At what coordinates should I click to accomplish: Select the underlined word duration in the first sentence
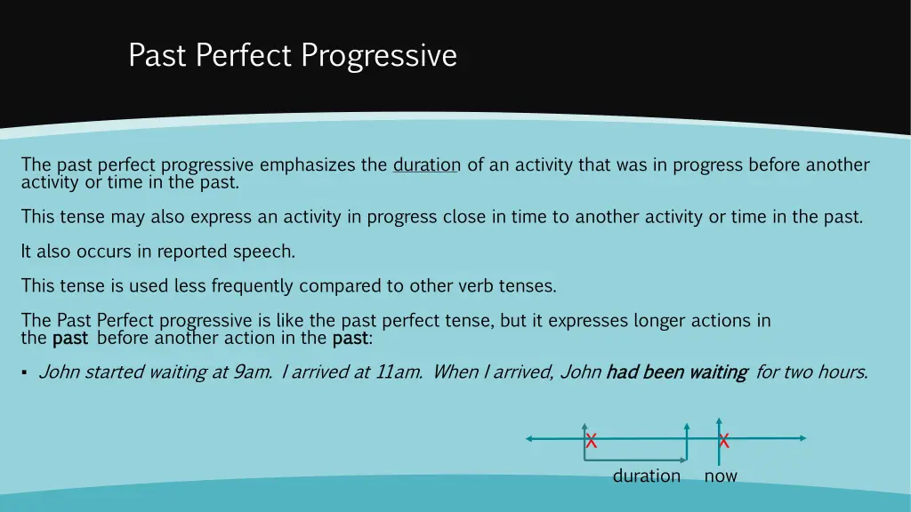tap(426, 164)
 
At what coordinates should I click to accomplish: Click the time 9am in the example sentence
tap(252, 372)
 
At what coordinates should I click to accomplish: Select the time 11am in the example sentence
tap(399, 372)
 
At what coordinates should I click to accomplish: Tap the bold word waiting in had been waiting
tap(717, 372)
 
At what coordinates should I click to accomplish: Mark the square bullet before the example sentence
tap(24, 373)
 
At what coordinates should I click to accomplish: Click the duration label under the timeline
tap(646, 476)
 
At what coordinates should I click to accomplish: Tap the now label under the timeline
tap(721, 476)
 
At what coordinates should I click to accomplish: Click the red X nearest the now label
tap(724, 440)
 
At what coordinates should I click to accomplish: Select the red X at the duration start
tap(591, 441)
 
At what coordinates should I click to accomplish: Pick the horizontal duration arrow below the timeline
tap(635, 460)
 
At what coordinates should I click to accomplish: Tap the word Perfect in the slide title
tap(244, 56)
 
